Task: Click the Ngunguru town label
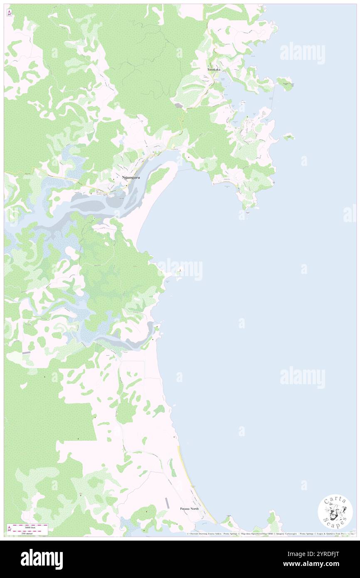tap(131, 178)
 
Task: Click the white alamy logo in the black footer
tap(42, 559)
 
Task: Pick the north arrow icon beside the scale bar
tap(9, 529)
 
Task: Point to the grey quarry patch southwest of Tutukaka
tap(179, 106)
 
